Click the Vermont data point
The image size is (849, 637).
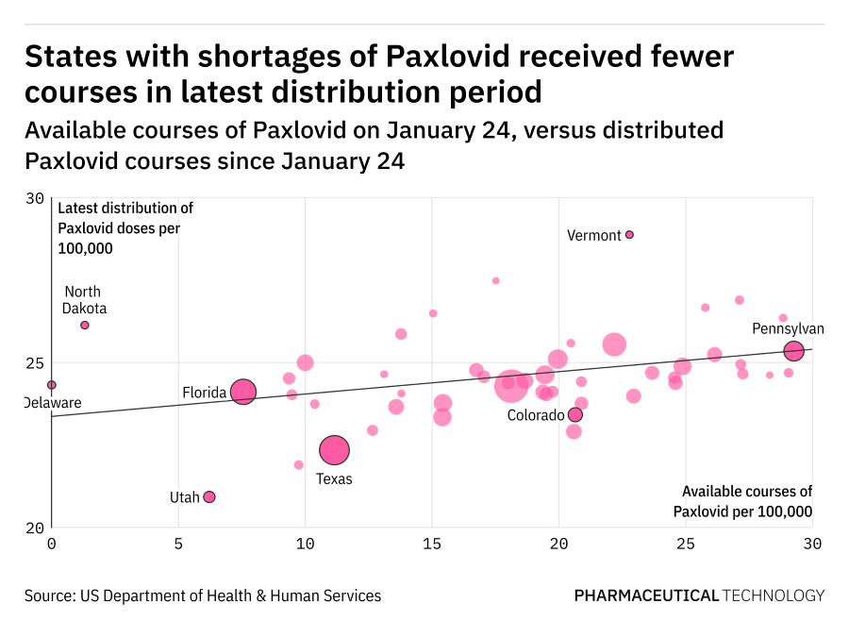tap(629, 234)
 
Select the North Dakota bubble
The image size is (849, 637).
tap(84, 325)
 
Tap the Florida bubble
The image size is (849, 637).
tap(243, 392)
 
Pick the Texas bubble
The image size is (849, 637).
tap(334, 451)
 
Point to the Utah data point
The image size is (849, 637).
tap(209, 496)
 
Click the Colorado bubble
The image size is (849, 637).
tap(575, 414)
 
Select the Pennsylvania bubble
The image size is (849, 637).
tap(793, 351)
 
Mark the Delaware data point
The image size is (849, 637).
tap(52, 384)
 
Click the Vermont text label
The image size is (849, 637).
tap(593, 235)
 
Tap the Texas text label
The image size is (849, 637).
tap(334, 478)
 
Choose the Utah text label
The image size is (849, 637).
tap(184, 496)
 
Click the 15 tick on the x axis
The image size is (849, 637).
tap(431, 544)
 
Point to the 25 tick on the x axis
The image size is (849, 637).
tap(685, 544)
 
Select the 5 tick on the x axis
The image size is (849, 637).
tap(178, 544)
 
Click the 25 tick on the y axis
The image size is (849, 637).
tap(35, 363)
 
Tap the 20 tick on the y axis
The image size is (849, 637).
tap(35, 528)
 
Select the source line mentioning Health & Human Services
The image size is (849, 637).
tap(203, 595)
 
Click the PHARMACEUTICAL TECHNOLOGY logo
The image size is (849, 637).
tap(699, 595)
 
